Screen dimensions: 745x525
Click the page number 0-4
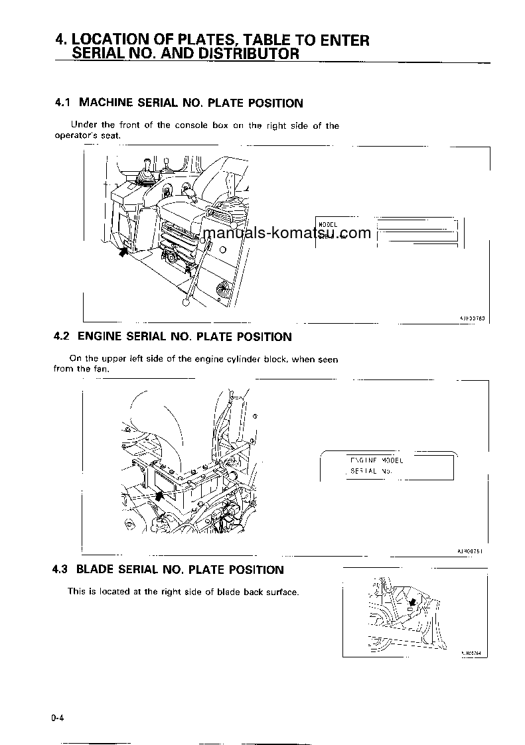58,718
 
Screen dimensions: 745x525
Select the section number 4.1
62,103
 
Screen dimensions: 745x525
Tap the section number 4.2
62,337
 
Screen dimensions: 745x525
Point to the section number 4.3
61,570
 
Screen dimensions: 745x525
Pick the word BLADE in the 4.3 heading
95,570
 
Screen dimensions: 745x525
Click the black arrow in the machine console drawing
123,251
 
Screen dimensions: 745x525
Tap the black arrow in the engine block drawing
159,495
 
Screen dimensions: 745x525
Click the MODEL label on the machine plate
328,224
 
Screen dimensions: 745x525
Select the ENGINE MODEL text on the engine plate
376,460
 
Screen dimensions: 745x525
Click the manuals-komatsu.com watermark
287,234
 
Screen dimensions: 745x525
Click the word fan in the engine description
100,369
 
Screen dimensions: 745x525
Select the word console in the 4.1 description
191,125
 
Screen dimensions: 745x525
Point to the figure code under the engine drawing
472,551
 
